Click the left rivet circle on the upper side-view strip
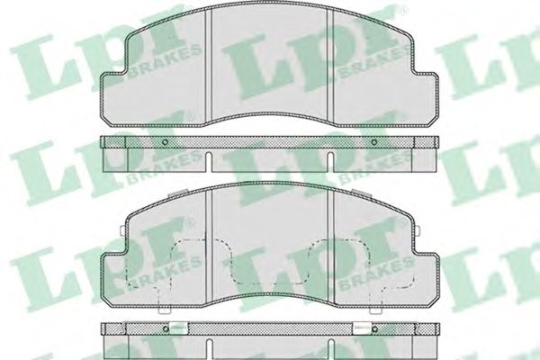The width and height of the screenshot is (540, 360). click(165, 141)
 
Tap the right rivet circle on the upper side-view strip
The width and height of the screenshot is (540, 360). click(374, 141)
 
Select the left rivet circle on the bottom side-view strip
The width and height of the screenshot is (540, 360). click(166, 329)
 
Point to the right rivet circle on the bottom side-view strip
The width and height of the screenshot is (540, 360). click(374, 329)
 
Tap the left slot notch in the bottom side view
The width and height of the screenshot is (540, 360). click(209, 349)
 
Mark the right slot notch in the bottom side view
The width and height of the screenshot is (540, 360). click(331, 349)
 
